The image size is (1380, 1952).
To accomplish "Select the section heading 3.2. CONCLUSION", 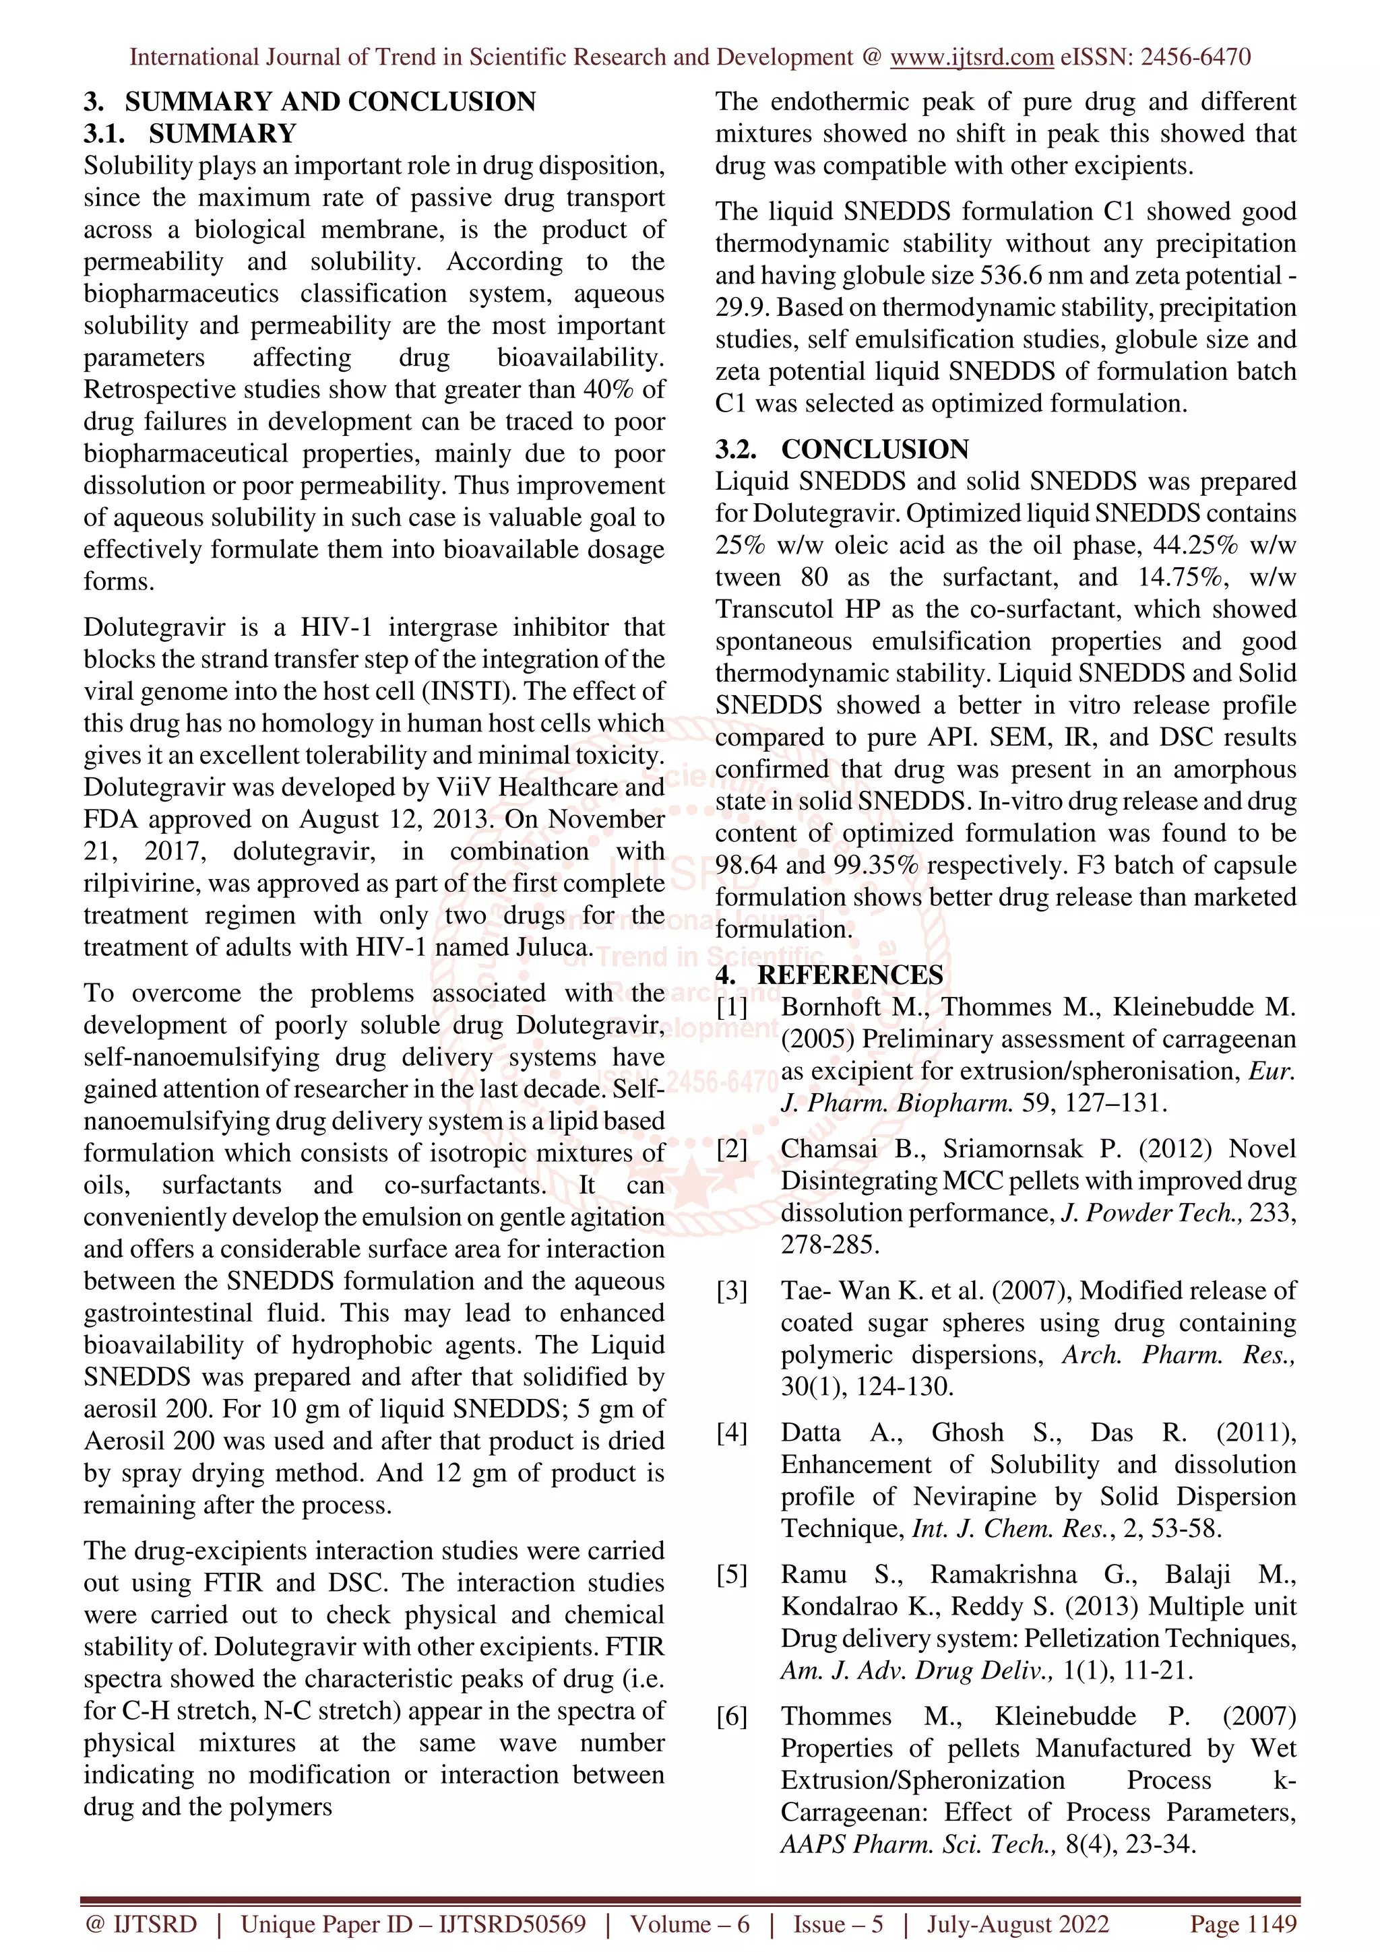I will click(842, 449).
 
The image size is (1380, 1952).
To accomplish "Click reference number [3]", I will click(731, 1291).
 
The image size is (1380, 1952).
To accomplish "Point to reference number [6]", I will click(731, 1716).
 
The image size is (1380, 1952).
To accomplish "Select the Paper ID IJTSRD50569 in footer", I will click(512, 1924).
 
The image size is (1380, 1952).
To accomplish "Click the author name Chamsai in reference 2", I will click(829, 1148).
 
